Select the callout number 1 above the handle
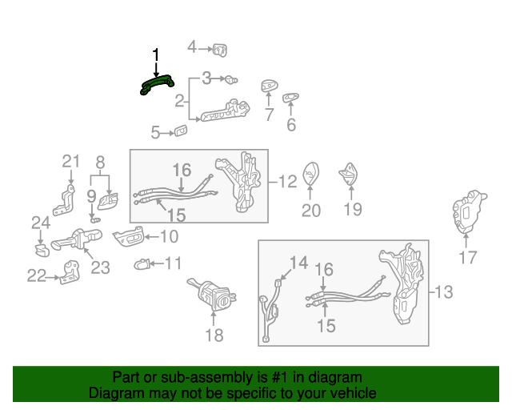click(x=156, y=54)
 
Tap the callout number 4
click(x=192, y=48)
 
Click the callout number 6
click(x=291, y=125)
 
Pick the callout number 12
click(x=288, y=182)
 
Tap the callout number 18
click(x=214, y=336)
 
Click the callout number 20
click(x=310, y=211)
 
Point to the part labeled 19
click(x=350, y=175)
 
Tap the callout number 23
click(x=100, y=267)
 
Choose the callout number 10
click(x=169, y=236)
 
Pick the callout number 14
click(x=298, y=263)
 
